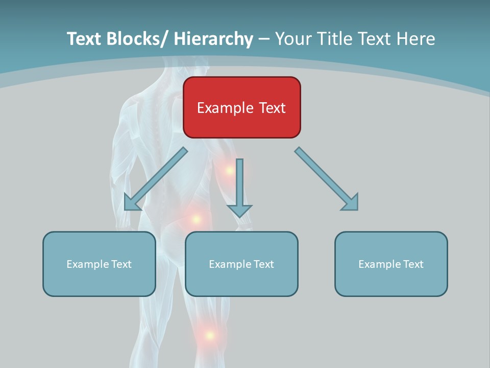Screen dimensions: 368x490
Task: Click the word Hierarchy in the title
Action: point(213,39)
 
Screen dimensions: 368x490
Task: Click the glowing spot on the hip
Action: point(195,219)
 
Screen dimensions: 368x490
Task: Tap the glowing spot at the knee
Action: point(209,335)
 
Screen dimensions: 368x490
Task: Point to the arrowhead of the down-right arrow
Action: point(351,203)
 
